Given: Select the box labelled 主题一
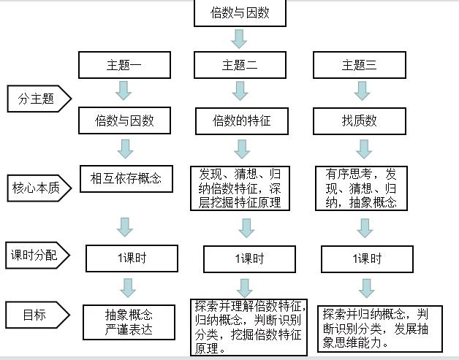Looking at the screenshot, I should (x=125, y=65).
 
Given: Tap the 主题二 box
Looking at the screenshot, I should (x=240, y=65).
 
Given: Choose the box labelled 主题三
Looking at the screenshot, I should (x=360, y=65).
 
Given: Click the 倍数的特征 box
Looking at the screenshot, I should (x=241, y=120).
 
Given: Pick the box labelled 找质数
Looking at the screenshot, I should (x=360, y=120).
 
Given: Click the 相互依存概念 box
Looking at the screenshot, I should (x=126, y=177).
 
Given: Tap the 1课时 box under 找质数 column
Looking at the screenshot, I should (x=367, y=258).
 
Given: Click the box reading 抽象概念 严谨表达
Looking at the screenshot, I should (x=129, y=321).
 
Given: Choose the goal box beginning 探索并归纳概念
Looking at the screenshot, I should (x=373, y=328).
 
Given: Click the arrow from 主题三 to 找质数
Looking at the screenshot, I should (x=360, y=91).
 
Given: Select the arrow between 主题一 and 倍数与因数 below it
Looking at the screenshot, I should (x=124, y=91).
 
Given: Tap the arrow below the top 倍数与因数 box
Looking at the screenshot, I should (x=240, y=39).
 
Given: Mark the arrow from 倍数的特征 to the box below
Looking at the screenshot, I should (x=241, y=148).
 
